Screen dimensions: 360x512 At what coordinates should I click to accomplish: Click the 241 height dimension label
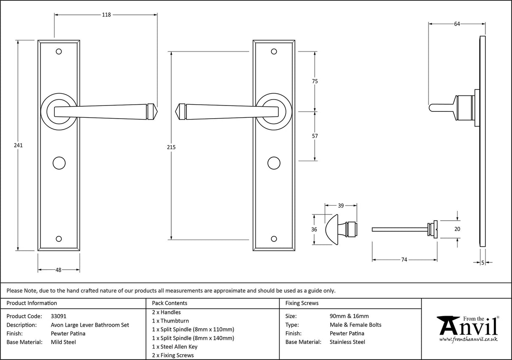(18, 145)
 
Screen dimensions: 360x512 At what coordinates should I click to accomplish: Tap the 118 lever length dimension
(106, 15)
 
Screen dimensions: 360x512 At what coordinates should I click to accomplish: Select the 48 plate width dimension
(59, 270)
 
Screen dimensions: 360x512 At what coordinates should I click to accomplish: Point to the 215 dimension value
(171, 147)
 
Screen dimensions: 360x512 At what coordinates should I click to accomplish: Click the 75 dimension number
(315, 81)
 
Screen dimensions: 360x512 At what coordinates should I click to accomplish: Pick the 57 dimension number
(315, 136)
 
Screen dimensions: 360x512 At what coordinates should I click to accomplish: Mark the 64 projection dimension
(457, 24)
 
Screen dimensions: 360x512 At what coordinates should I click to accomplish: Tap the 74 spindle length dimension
(404, 260)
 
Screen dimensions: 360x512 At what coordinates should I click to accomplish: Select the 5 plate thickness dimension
(482, 263)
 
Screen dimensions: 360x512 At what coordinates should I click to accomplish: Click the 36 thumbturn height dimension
(314, 229)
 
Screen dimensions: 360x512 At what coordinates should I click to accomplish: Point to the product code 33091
(58, 316)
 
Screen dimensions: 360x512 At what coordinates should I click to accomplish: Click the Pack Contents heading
(170, 303)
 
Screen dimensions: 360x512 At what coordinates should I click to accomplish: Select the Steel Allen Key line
(174, 346)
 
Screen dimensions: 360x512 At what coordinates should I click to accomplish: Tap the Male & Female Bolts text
(356, 325)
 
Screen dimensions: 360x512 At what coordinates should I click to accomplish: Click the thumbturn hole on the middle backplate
(274, 162)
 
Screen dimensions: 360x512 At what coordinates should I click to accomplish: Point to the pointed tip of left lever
(155, 111)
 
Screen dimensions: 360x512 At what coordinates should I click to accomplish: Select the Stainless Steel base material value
(348, 342)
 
